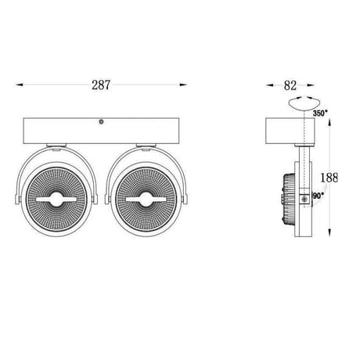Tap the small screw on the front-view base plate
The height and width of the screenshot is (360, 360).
click(x=100, y=122)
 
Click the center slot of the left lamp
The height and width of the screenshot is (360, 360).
click(x=59, y=201)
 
